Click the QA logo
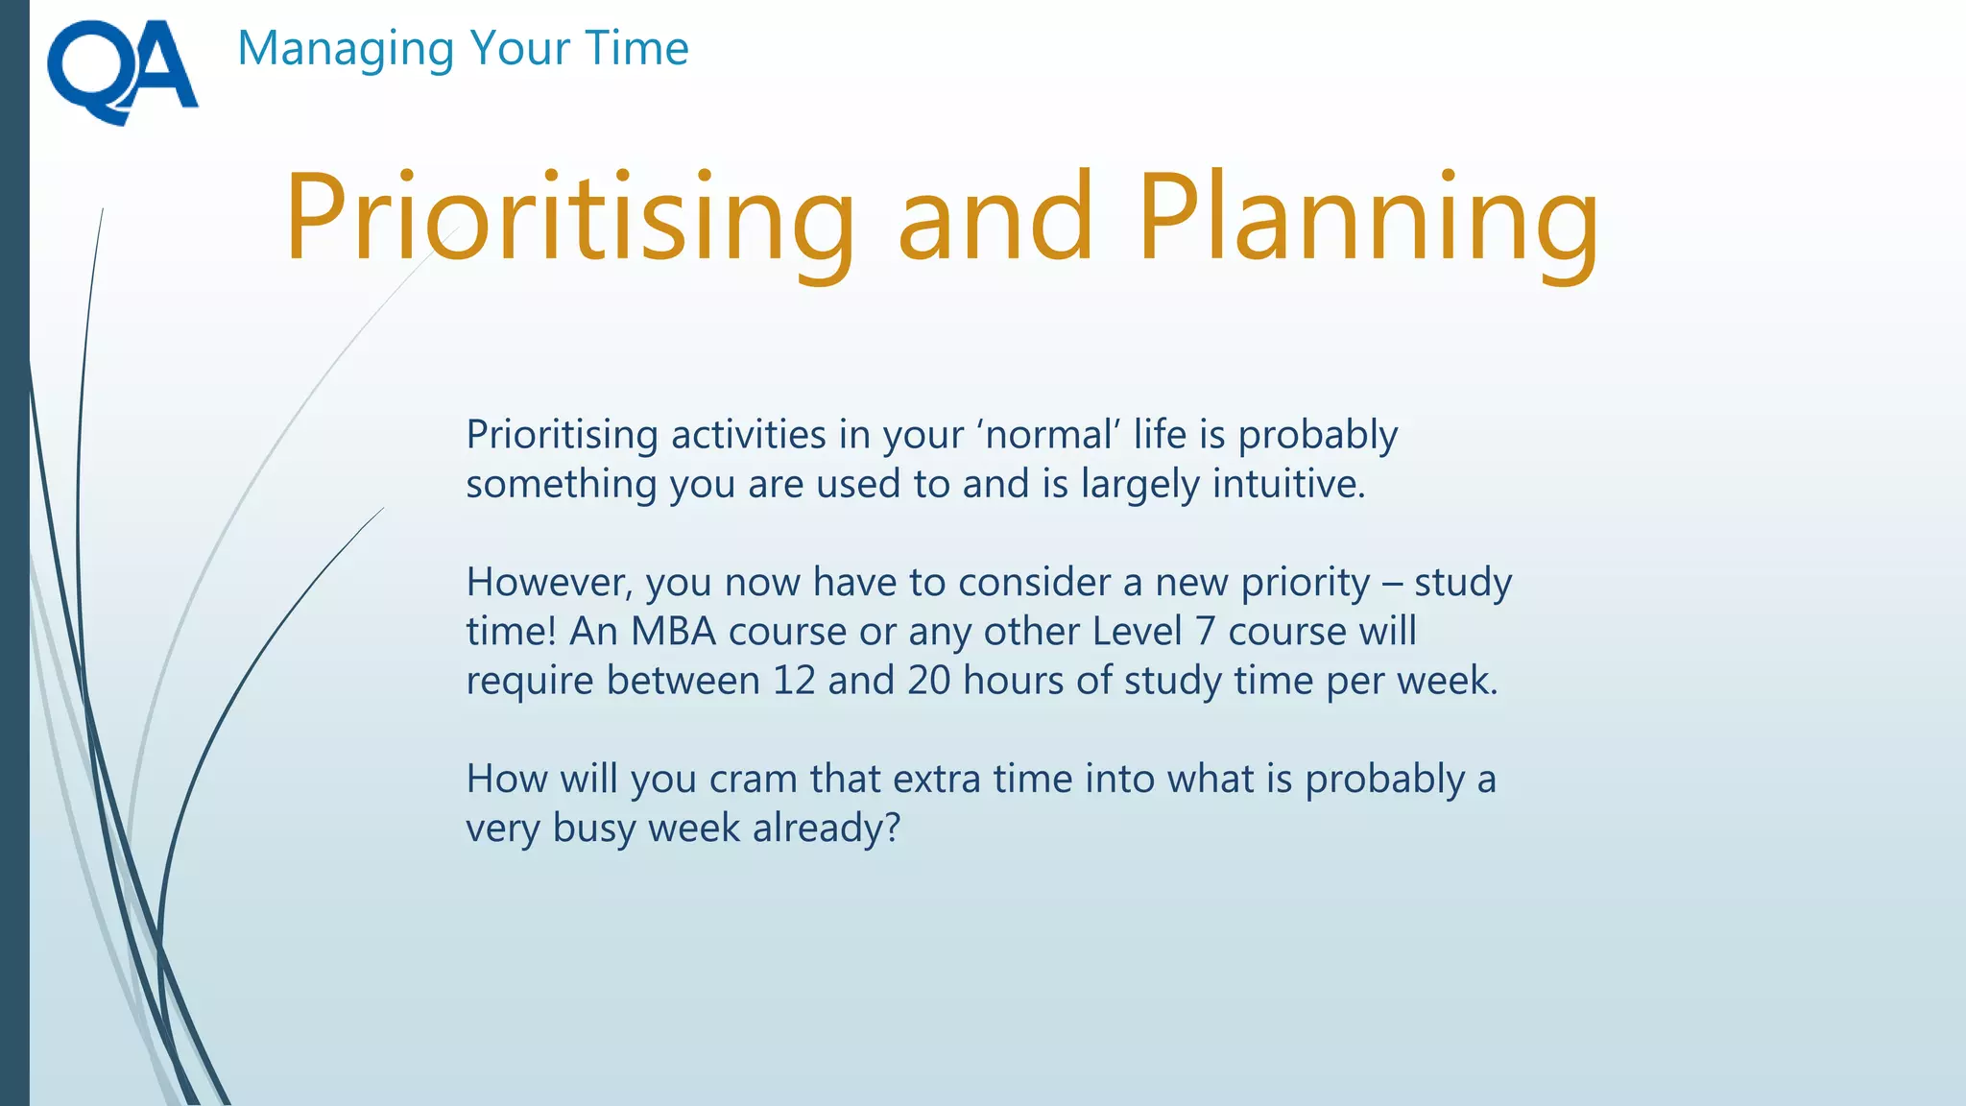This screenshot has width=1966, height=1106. [122, 71]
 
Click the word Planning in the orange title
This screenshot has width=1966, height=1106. [1368, 219]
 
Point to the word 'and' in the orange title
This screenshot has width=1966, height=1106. [995, 219]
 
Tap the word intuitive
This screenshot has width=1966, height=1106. [1288, 484]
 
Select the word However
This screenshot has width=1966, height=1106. [549, 583]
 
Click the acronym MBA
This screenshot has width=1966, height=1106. [673, 632]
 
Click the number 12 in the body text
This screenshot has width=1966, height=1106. [794, 681]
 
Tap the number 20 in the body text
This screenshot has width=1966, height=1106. [928, 681]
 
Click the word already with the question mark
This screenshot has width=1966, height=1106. [826, 829]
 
